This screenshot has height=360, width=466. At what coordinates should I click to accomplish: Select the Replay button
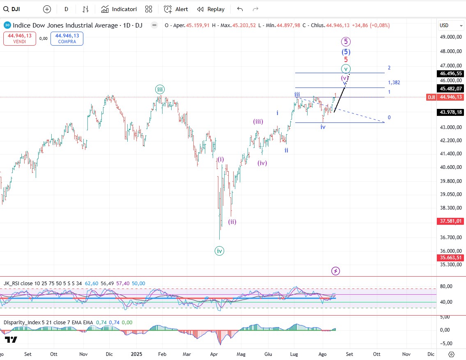[x=211, y=9]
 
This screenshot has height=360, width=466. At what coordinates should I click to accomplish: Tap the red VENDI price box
[x=20, y=39]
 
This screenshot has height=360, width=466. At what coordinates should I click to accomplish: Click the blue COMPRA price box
[x=67, y=39]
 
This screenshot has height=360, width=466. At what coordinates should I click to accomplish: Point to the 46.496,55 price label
[x=450, y=74]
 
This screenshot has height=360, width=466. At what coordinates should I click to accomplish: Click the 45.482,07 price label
[x=450, y=88]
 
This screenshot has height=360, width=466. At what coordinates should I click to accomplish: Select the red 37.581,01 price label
[x=450, y=221]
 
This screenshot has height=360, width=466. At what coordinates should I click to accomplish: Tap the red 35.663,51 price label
[x=450, y=258]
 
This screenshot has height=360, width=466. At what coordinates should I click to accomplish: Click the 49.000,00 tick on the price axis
[x=450, y=37]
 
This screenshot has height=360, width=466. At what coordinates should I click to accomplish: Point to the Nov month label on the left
[x=83, y=354]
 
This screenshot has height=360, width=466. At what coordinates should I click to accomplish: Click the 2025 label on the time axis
[x=135, y=354]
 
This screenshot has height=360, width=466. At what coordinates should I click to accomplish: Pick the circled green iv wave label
[x=219, y=251]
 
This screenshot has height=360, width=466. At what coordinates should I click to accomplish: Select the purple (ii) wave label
[x=232, y=222]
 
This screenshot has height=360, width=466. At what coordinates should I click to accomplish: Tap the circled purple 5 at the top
[x=346, y=42]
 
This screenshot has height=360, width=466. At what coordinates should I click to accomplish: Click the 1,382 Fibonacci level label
[x=394, y=83]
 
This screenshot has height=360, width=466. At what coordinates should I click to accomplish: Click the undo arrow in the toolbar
[x=240, y=9]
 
